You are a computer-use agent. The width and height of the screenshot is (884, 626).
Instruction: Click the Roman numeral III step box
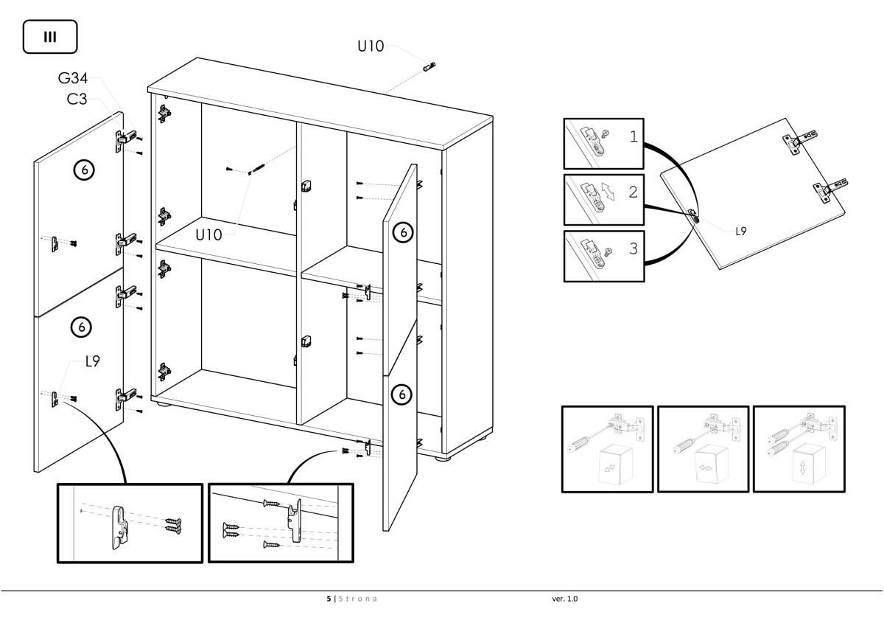[50, 37]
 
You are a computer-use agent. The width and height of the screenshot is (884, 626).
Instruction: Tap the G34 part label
[73, 79]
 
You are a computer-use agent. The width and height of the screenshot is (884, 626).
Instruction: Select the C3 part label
[77, 99]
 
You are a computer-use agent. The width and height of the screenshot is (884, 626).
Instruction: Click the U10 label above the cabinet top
[371, 46]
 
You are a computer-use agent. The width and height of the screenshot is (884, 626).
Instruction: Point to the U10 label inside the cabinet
[209, 235]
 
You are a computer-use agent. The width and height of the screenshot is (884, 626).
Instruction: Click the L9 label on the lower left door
[93, 361]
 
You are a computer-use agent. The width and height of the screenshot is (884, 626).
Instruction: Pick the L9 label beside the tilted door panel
[741, 231]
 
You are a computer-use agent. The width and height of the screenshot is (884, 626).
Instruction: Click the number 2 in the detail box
[633, 192]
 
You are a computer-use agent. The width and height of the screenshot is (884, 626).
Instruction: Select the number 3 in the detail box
[634, 248]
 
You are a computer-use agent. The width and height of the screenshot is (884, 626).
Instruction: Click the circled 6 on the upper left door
[84, 170]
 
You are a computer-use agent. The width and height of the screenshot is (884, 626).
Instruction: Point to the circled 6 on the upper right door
[403, 232]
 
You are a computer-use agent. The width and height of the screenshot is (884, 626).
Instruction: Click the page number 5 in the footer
[329, 599]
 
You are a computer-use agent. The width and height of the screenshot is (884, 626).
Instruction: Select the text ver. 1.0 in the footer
[565, 599]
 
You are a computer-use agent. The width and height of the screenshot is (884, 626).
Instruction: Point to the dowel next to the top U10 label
[429, 67]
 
